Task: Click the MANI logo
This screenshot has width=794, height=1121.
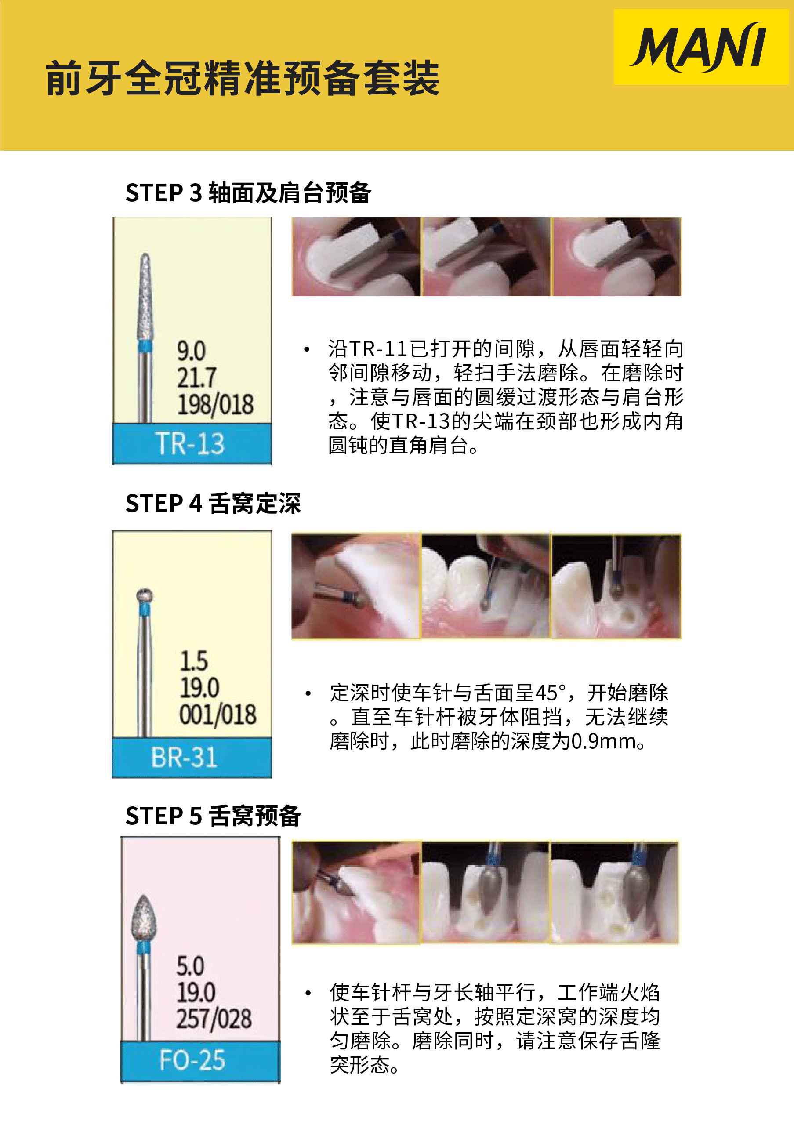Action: [x=700, y=47]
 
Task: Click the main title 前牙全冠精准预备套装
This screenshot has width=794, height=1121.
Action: [x=243, y=78]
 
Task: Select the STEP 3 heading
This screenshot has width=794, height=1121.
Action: [x=248, y=192]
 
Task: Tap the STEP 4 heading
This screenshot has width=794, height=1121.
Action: [x=213, y=504]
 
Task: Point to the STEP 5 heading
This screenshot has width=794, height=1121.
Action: [x=213, y=816]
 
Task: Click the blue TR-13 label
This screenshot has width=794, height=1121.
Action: [x=192, y=443]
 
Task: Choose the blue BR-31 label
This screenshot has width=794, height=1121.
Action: [x=192, y=757]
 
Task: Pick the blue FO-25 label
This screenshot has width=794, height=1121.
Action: [x=200, y=1060]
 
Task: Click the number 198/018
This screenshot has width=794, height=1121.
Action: [x=215, y=404]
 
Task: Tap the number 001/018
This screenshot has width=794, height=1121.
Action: [x=218, y=714]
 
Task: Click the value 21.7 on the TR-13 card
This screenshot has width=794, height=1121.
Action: [x=196, y=377]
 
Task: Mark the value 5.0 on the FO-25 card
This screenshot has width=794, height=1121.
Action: [x=190, y=966]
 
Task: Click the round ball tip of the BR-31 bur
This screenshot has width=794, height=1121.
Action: [x=144, y=595]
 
